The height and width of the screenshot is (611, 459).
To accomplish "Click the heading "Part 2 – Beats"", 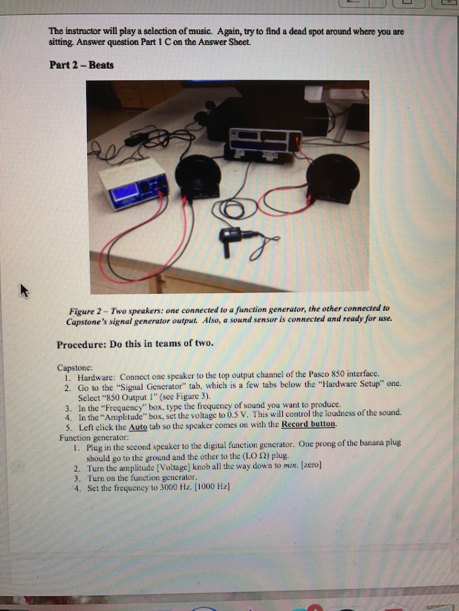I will point(81,64).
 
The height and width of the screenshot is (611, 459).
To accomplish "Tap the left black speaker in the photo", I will point(198,177).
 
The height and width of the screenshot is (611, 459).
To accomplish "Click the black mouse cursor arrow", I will point(24,291).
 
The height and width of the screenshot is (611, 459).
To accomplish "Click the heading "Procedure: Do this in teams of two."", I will point(134,344).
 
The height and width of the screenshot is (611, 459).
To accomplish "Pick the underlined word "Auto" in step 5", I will point(137,424).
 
